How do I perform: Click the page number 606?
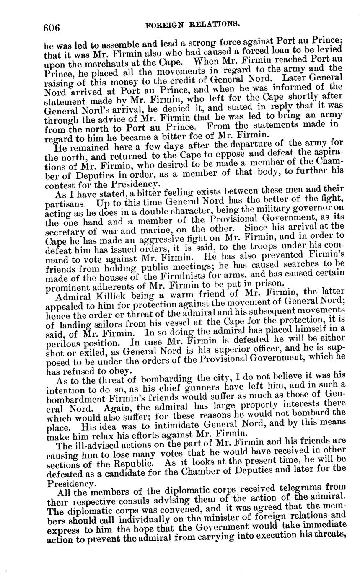click(52, 28)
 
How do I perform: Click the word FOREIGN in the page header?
click(163, 25)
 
